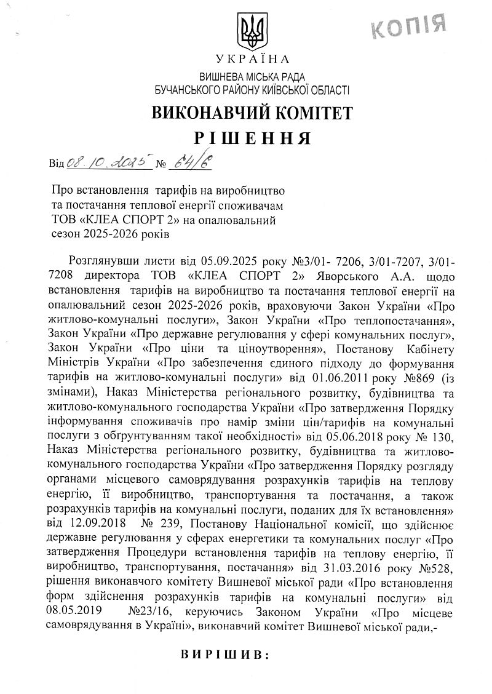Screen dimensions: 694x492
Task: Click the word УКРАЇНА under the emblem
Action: tap(252, 59)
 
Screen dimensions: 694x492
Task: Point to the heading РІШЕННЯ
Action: tap(252, 137)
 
